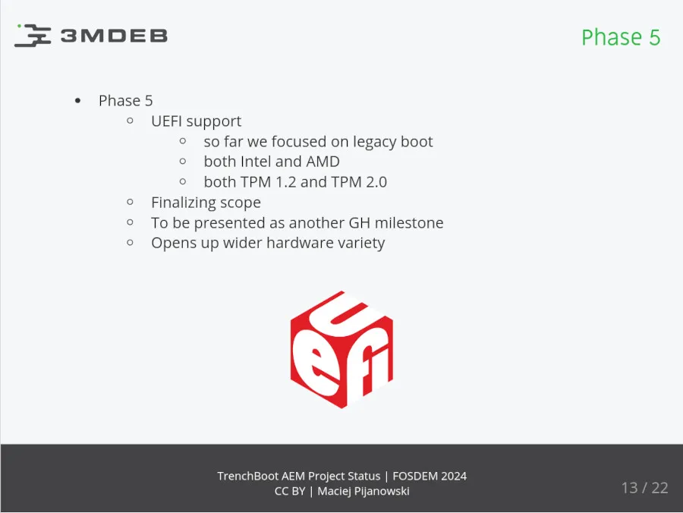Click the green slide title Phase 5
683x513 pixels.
pos(620,37)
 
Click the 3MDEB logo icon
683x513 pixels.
pos(33,36)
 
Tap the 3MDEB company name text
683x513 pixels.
pos(114,36)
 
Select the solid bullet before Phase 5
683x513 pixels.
pos(77,101)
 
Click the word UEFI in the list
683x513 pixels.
pos(166,121)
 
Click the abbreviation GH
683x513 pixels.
pos(359,223)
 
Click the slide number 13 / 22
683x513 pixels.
pos(644,488)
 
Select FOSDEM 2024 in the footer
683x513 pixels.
pos(430,477)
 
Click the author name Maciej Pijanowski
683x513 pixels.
pos(364,491)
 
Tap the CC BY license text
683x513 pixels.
pos(290,491)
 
